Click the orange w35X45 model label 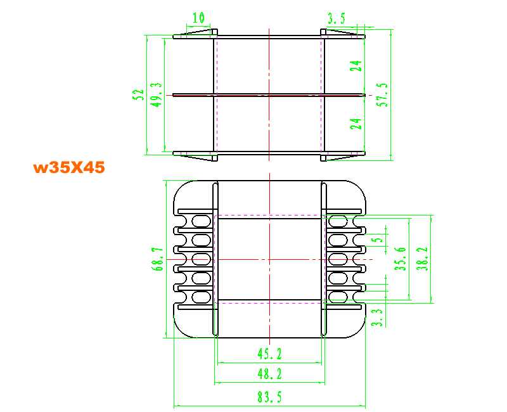(x=69, y=167)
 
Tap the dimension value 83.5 (x=269, y=397)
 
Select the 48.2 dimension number (x=270, y=374)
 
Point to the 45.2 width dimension (x=270, y=354)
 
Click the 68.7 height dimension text (x=157, y=259)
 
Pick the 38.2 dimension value (x=422, y=259)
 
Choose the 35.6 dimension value (x=401, y=259)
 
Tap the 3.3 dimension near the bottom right (x=377, y=318)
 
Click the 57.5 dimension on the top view (x=382, y=94)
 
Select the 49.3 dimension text (x=156, y=94)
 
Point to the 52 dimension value (x=138, y=94)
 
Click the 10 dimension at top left (x=198, y=18)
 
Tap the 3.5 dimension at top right (x=337, y=19)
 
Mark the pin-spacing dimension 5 (x=378, y=240)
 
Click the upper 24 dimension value (x=356, y=66)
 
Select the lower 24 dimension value (x=356, y=124)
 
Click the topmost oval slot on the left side (x=202, y=221)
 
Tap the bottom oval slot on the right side (x=338, y=297)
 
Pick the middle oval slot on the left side (x=202, y=259)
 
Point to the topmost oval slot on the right (x=338, y=221)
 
